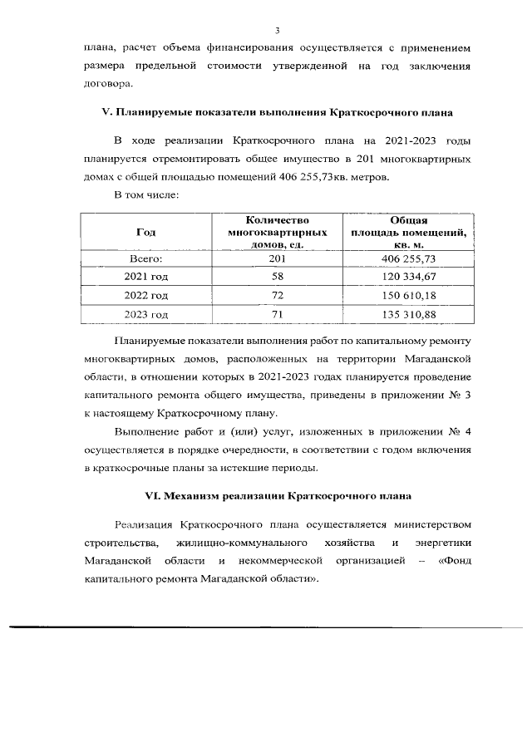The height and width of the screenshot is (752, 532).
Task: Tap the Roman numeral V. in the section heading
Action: pyautogui.click(x=105, y=111)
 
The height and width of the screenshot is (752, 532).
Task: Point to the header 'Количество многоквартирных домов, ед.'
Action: pyautogui.click(x=276, y=233)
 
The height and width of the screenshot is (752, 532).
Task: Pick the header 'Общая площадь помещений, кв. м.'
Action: pyautogui.click(x=408, y=233)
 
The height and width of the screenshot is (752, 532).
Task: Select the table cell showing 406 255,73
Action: pyautogui.click(x=408, y=260)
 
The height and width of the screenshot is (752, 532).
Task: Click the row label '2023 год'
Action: pyautogui.click(x=145, y=315)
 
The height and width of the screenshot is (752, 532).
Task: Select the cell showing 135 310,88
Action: pyautogui.click(x=408, y=315)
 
